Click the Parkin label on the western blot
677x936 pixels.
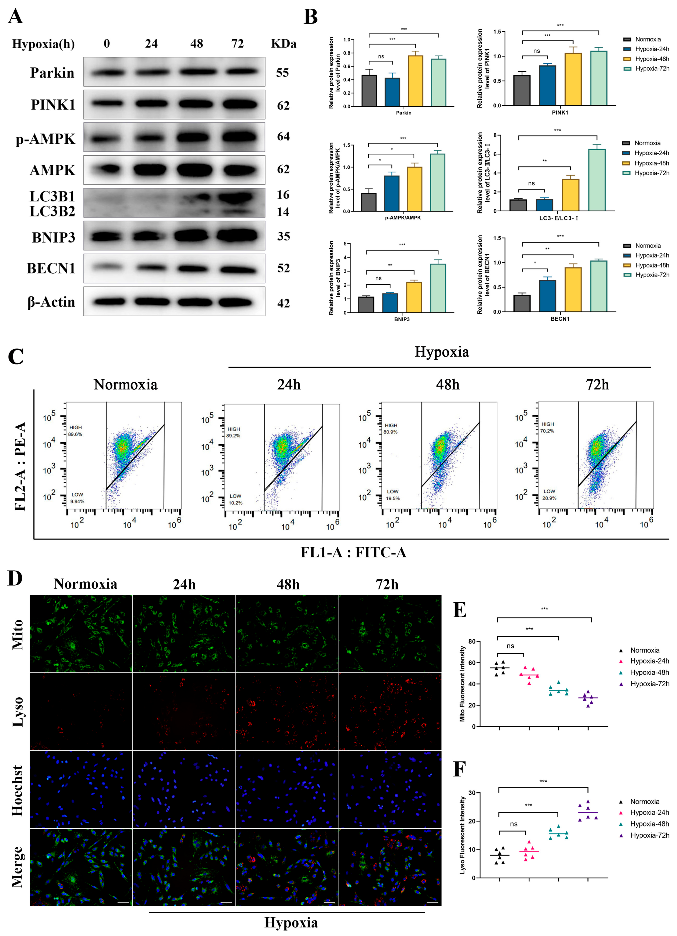click(x=52, y=73)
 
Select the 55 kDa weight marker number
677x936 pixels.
click(x=282, y=73)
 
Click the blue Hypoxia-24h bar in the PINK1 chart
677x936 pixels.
click(x=547, y=85)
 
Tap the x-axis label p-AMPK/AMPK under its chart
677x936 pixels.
click(x=402, y=217)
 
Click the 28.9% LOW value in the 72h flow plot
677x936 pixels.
click(x=549, y=498)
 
